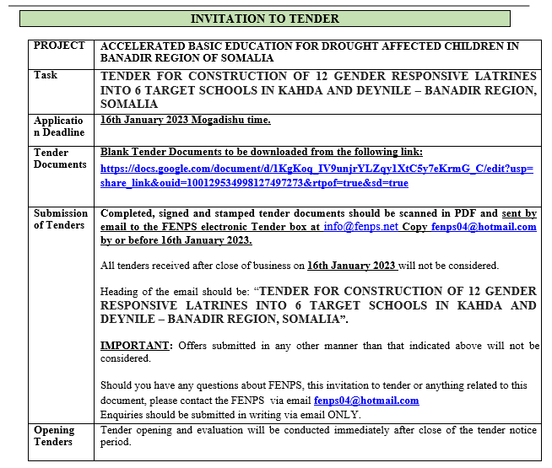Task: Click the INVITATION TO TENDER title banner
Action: tap(265, 19)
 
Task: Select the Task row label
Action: tap(46, 75)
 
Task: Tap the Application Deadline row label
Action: tap(59, 126)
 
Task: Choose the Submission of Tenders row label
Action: tap(59, 218)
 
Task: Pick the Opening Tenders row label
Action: tap(54, 435)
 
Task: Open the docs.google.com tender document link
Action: tap(317, 175)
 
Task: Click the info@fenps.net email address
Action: tap(360, 226)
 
